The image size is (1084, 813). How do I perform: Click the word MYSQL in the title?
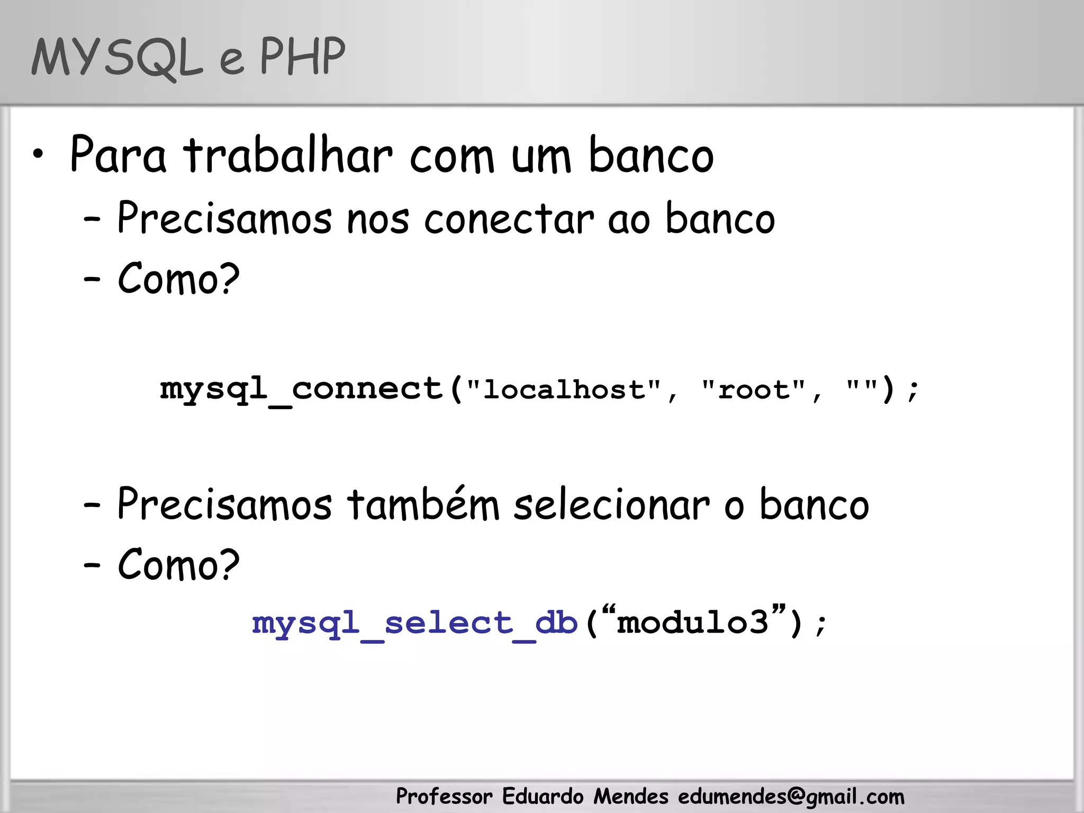click(117, 58)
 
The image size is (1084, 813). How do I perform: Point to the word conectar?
click(509, 219)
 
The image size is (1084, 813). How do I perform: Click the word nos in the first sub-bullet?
click(377, 219)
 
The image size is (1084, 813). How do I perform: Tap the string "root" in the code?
click(754, 390)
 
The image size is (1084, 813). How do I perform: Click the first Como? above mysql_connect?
click(178, 278)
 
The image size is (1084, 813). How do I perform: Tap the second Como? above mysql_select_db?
click(178, 564)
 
